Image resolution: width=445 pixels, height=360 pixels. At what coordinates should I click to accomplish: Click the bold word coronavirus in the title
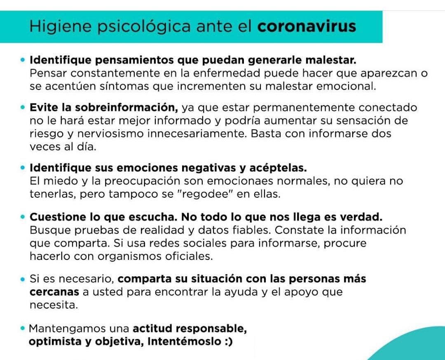307,26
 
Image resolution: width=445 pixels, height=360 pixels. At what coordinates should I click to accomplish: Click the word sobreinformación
126,108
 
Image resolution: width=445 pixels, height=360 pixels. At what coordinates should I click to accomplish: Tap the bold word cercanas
54,292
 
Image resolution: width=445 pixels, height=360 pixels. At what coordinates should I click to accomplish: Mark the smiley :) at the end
227,342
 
